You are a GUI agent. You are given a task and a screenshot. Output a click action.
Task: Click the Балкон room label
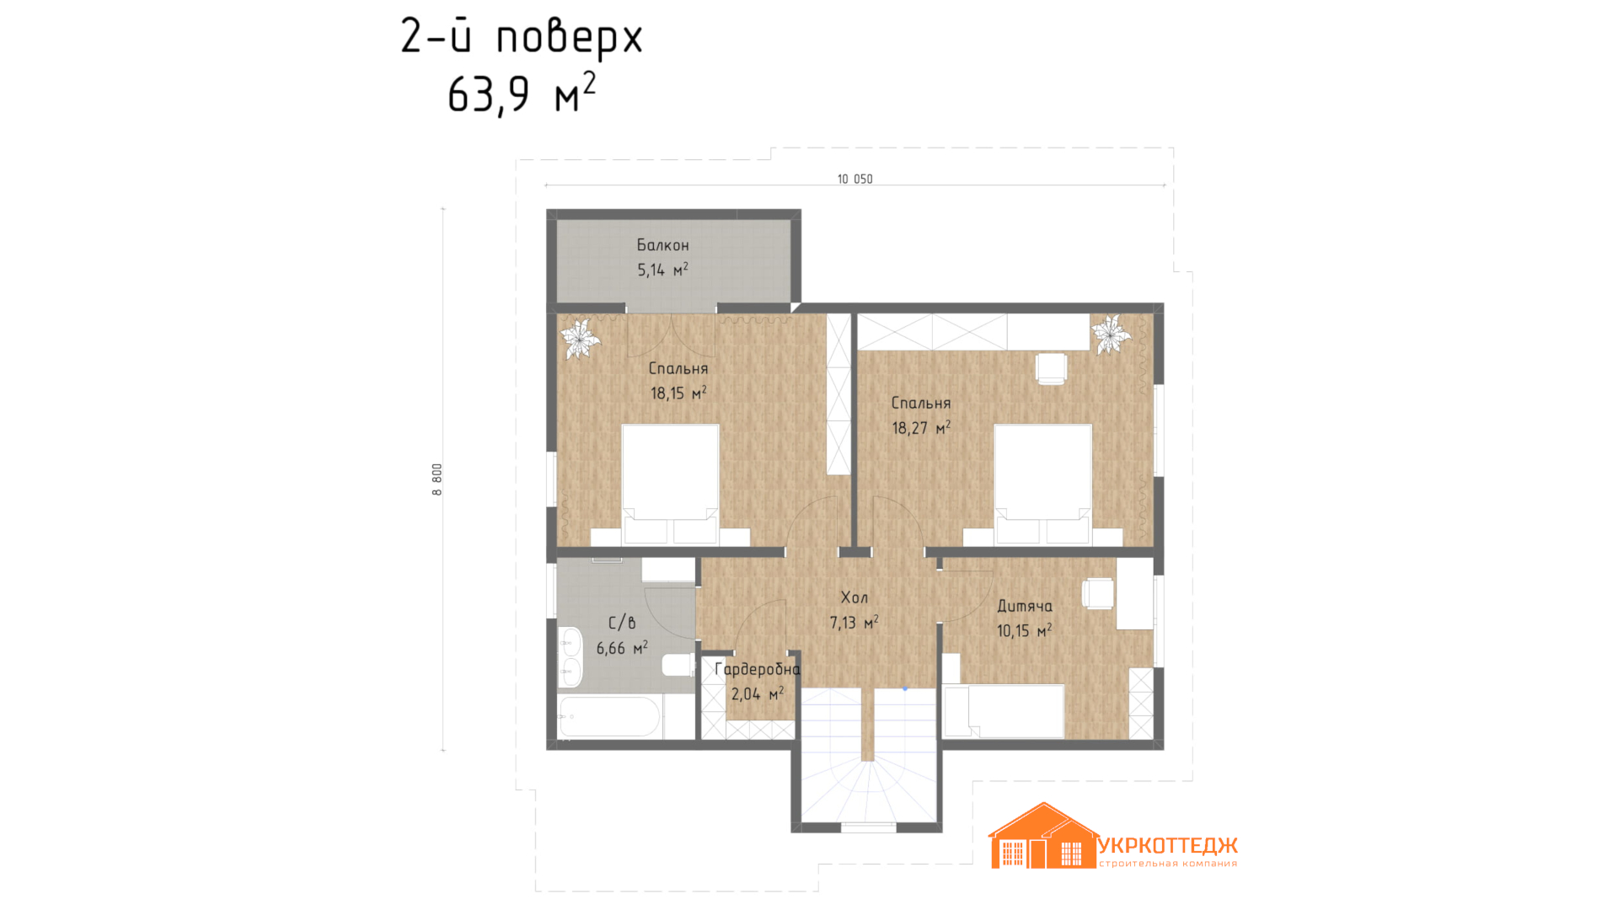[662, 245]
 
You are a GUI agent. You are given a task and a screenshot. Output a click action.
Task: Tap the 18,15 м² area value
[678, 393]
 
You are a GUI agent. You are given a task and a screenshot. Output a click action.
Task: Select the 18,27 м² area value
[921, 427]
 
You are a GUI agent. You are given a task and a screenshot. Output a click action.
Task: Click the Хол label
[854, 597]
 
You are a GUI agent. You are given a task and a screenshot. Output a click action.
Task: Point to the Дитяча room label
[1024, 606]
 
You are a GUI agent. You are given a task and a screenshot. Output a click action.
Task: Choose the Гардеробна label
[757, 670]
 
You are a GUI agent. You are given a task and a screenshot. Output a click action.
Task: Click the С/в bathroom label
[622, 623]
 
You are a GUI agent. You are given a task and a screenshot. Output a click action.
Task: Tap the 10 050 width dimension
[855, 179]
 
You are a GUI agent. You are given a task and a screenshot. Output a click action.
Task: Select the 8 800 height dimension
[437, 479]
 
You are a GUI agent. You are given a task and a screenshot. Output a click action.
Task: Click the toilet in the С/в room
[678, 665]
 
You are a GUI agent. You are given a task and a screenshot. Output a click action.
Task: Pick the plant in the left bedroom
[580, 338]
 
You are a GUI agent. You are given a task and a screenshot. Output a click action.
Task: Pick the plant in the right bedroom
[1111, 335]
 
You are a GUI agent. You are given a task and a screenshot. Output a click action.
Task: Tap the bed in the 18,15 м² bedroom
[670, 484]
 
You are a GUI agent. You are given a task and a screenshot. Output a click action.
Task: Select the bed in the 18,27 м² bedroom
[1042, 484]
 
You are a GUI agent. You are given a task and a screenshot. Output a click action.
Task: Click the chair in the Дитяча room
[1097, 593]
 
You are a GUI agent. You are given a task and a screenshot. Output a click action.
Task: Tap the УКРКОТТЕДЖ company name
[1168, 845]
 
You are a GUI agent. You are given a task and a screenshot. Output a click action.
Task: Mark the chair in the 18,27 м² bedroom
[1051, 368]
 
